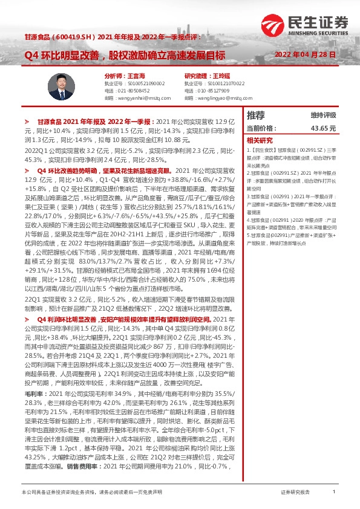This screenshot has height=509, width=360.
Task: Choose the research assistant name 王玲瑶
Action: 224,76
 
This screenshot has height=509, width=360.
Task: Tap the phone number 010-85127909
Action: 216,89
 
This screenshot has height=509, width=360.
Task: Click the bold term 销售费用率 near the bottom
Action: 83,468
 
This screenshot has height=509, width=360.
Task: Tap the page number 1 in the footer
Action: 333,493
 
